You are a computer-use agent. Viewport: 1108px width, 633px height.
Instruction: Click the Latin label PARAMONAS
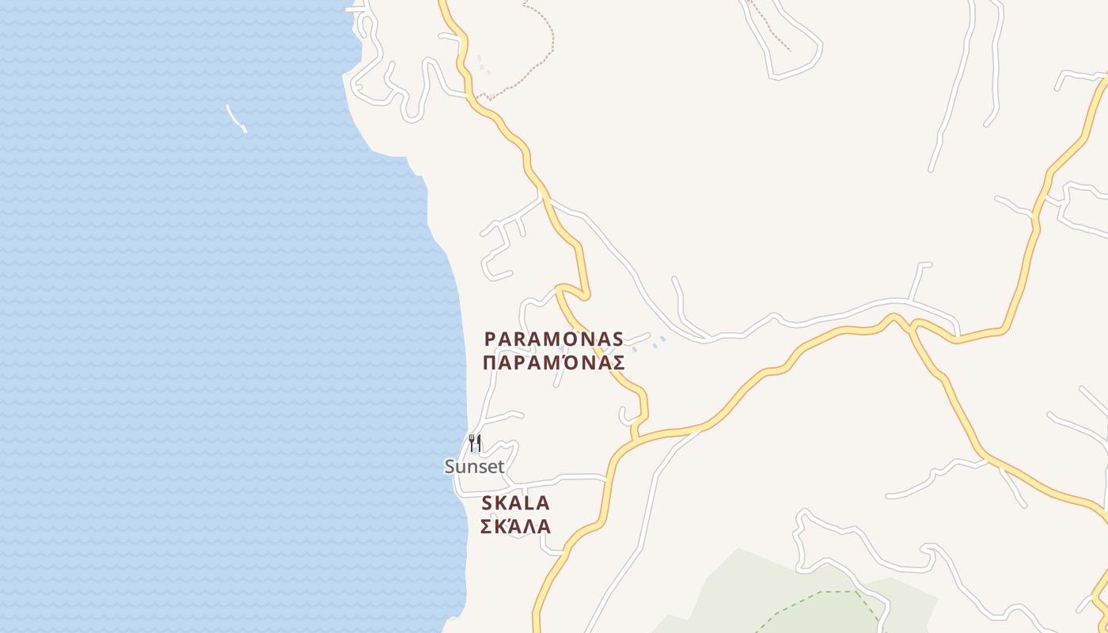pos(554,339)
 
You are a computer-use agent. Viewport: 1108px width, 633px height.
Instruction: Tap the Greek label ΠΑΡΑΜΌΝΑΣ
pos(554,363)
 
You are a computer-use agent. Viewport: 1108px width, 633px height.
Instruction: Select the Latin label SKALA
pos(515,503)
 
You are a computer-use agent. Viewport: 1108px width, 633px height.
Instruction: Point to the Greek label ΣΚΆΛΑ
pos(515,526)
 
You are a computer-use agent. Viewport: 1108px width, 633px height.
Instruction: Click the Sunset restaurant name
pos(474,467)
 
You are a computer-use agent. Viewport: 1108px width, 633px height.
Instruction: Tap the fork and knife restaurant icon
pos(475,442)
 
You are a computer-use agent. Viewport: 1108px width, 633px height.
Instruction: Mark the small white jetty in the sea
pos(236,119)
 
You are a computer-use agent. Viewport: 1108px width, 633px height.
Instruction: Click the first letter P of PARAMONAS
pos(490,339)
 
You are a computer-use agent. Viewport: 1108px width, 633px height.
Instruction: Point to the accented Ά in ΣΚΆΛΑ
pos(516,526)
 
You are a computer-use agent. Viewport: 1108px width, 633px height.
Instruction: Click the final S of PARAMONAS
pos(617,339)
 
